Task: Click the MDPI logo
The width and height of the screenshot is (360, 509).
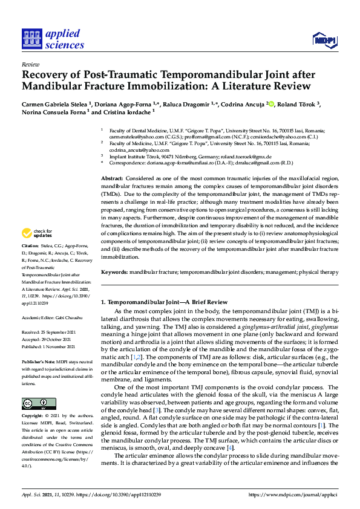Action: click(x=325, y=41)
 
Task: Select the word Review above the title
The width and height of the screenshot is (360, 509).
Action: click(x=30, y=63)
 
